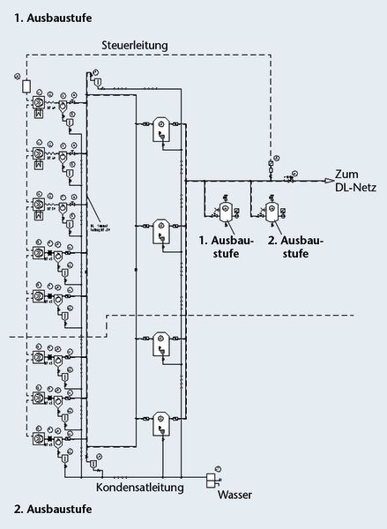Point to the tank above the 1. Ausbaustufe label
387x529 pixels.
tap(226, 212)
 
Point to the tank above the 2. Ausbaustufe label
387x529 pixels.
tap(275, 212)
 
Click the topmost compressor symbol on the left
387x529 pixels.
tap(40, 101)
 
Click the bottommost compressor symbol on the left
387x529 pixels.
tap(40, 436)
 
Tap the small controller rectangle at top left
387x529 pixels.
tap(26, 86)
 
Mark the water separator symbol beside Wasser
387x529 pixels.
tap(211, 478)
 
